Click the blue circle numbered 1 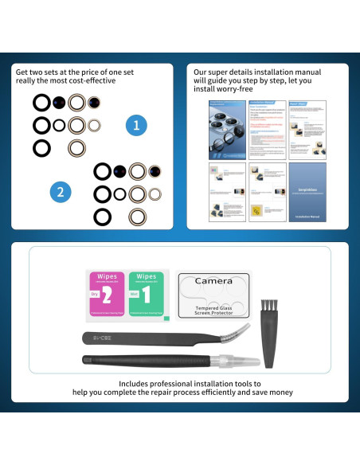click(137, 125)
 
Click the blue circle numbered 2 click(58, 191)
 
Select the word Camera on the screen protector click(213, 281)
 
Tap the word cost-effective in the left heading click(92, 81)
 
